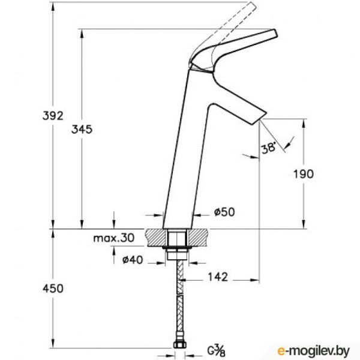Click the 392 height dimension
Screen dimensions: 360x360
click(x=53, y=116)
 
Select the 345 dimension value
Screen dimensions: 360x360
click(x=82, y=130)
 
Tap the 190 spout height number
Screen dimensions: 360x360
click(x=304, y=174)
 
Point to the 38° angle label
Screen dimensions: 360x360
click(x=269, y=148)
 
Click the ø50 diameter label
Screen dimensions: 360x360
click(x=224, y=212)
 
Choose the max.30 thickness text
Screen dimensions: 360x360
click(x=113, y=238)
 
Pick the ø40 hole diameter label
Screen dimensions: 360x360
click(x=133, y=260)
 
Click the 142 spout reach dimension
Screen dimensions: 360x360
click(x=218, y=277)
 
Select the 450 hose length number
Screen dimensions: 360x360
click(x=53, y=289)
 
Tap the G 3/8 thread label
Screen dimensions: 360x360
click(x=216, y=350)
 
